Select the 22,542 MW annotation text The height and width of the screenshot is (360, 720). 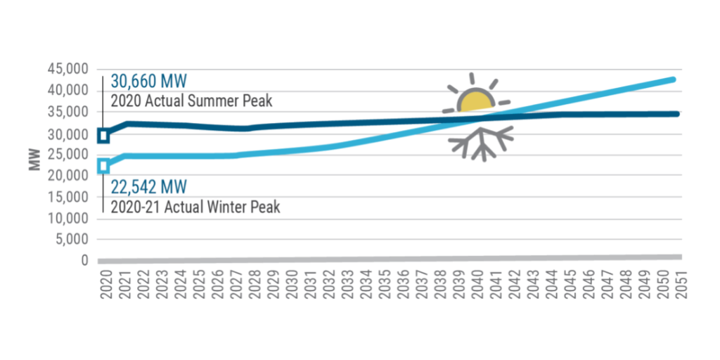(x=148, y=188)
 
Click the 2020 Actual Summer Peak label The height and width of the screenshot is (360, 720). (x=191, y=101)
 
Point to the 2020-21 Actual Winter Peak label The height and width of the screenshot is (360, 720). (x=195, y=207)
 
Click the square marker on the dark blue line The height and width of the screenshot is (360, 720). (x=103, y=135)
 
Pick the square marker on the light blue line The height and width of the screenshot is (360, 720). (x=103, y=166)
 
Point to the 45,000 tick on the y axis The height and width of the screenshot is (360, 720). (x=68, y=70)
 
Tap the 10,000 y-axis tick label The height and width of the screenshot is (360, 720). (x=68, y=218)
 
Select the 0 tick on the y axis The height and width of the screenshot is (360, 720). (x=84, y=261)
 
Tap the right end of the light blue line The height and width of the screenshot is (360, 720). (x=673, y=79)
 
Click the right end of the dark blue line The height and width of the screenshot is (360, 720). (x=676, y=113)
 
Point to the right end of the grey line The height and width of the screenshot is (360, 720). (x=679, y=257)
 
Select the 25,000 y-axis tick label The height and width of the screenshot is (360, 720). (x=68, y=155)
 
